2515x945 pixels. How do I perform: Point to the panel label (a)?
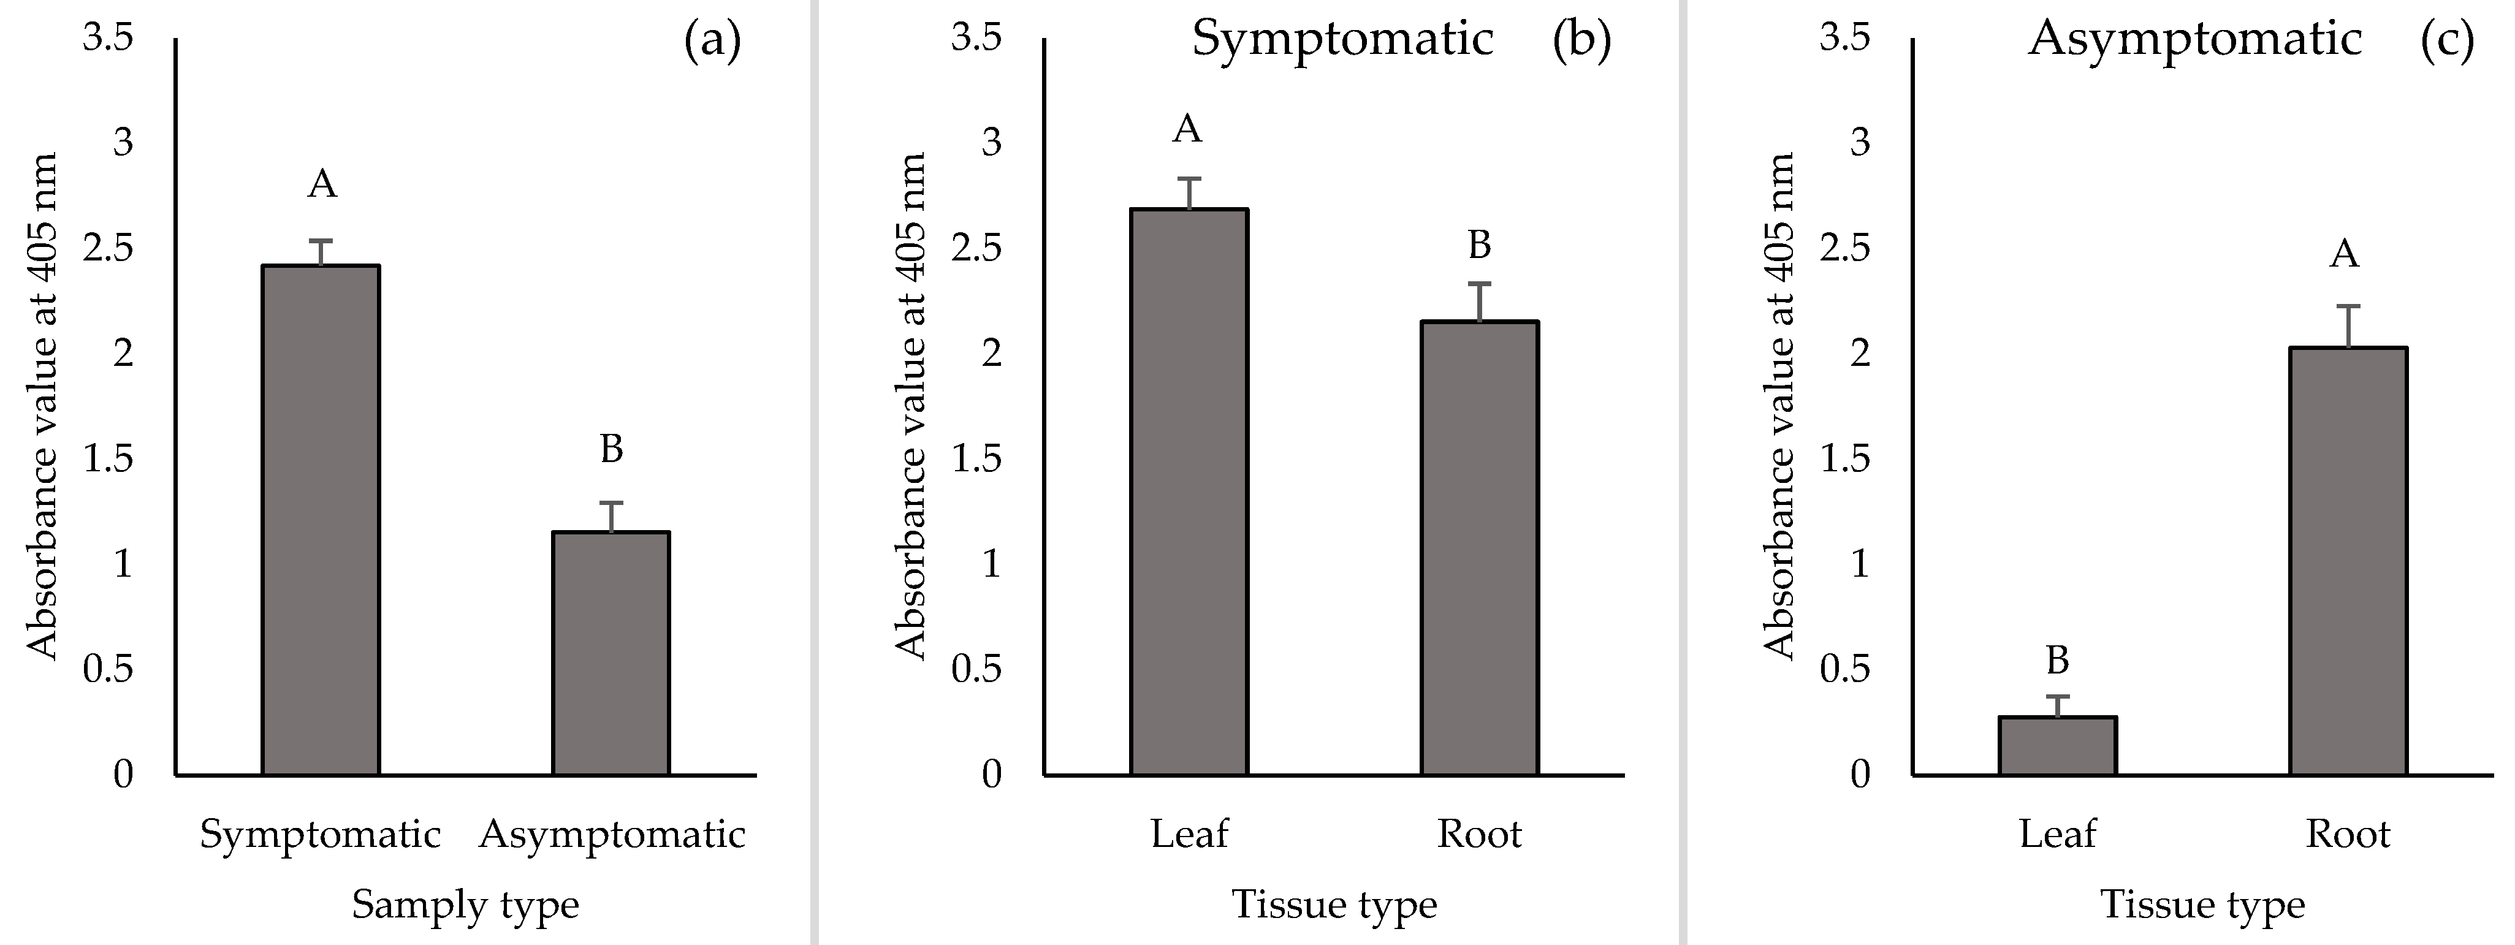[713, 41]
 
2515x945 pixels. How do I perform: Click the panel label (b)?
[1581, 41]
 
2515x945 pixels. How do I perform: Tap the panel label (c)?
[2448, 41]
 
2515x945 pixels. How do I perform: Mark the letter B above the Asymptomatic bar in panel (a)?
[611, 449]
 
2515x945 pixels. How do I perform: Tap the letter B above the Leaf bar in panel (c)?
[2057, 661]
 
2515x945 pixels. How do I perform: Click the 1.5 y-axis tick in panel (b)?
[976, 459]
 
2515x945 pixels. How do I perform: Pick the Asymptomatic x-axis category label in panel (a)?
[612, 835]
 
